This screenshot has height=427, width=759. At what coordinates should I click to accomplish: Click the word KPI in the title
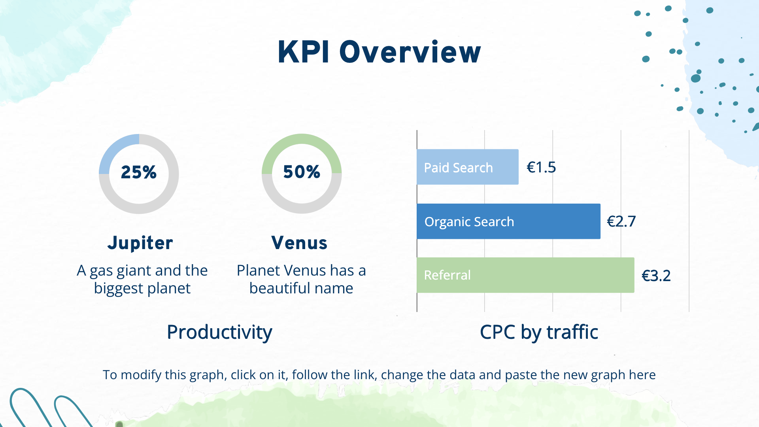(x=304, y=52)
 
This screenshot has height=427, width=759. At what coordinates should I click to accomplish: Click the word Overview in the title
(x=410, y=52)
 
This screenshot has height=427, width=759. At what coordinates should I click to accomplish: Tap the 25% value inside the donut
(x=139, y=172)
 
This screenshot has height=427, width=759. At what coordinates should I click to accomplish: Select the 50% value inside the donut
(x=302, y=172)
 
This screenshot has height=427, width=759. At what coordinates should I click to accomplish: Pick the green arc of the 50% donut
(x=302, y=139)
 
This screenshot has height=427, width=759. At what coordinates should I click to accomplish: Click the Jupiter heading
(x=140, y=243)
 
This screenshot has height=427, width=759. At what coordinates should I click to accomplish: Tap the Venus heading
(x=299, y=243)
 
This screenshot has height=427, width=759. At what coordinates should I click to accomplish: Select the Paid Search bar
(x=468, y=167)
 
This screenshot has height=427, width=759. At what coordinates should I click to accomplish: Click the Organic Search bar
(x=509, y=221)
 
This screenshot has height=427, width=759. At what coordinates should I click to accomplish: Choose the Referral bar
(x=526, y=275)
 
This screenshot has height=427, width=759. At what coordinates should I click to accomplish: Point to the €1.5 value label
(x=541, y=167)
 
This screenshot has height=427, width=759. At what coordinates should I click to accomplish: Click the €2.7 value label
(x=621, y=221)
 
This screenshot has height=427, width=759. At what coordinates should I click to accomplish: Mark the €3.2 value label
(x=656, y=276)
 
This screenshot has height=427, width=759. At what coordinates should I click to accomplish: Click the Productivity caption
(x=219, y=332)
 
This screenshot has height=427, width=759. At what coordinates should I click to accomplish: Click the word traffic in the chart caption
(x=572, y=332)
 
